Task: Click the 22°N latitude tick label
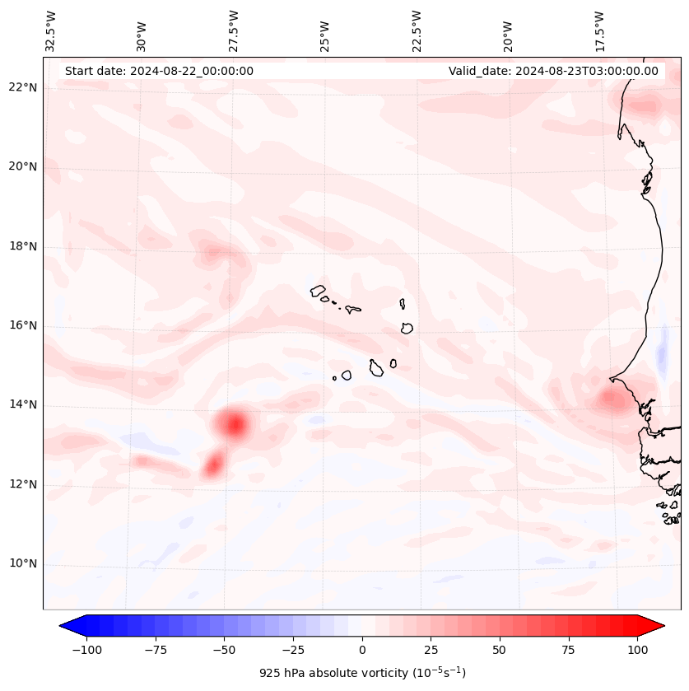point(22,87)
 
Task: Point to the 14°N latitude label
point(22,404)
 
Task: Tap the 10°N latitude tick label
point(22,564)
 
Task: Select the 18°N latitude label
point(22,246)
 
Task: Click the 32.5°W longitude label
point(51,30)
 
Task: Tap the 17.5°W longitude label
point(599,30)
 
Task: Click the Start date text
point(159,71)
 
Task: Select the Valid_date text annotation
point(553,71)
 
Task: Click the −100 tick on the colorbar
point(86,650)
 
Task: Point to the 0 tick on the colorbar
point(362,650)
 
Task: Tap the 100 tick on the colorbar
point(637,650)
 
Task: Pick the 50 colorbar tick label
point(500,650)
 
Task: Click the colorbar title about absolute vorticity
point(362,673)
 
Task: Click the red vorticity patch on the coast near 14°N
point(612,400)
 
